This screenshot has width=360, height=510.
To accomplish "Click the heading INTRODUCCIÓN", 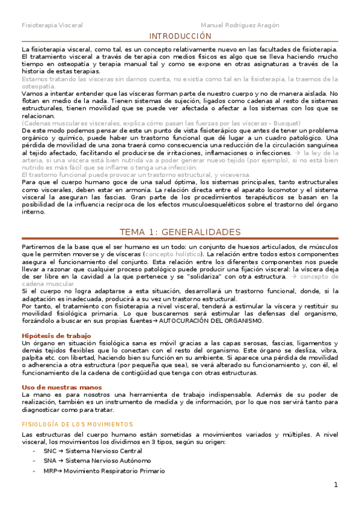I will point(180,36).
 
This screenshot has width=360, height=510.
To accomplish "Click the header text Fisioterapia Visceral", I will point(52,25).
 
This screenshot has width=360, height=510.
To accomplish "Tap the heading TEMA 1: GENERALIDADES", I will point(180,215).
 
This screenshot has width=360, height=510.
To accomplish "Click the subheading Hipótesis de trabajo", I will point(56,336).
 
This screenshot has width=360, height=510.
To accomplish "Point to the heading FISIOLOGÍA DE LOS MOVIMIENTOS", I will point(76,424).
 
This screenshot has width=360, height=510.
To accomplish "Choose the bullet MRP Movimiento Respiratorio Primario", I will point(104,471).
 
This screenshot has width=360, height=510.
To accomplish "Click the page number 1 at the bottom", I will point(337,485).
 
